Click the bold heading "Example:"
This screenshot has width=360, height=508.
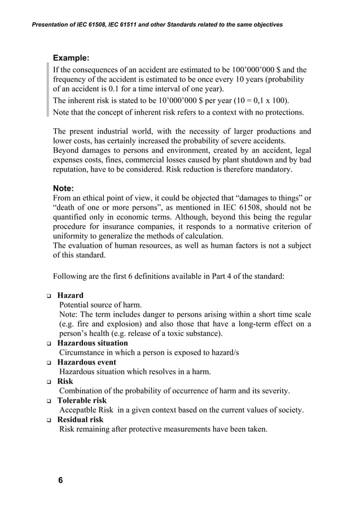(x=71, y=58)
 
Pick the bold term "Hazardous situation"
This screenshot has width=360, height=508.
(x=93, y=343)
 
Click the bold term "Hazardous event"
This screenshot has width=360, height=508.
(x=87, y=362)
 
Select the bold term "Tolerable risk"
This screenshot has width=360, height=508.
(x=82, y=400)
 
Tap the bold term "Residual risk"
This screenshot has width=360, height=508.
(x=81, y=419)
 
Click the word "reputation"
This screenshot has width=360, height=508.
(x=73, y=169)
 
